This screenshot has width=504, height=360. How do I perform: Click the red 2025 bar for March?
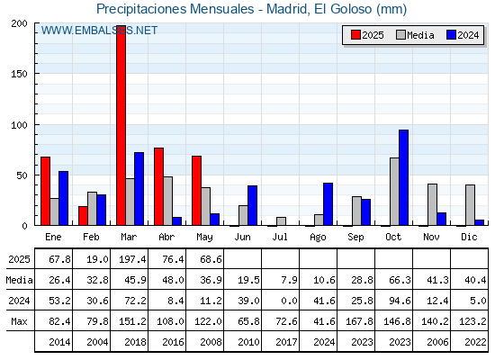[121, 125]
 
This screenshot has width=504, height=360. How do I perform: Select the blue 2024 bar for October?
[404, 177]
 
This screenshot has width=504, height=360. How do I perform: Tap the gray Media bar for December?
[470, 205]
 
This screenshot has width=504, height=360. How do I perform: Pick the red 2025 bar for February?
[83, 216]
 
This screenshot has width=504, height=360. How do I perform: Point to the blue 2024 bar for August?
[328, 204]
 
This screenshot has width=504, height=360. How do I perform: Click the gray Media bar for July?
[281, 221]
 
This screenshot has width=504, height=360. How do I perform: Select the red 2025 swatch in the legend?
[355, 35]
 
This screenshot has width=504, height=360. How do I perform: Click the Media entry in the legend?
[415, 35]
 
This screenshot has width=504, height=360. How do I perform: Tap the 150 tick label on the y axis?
[19, 74]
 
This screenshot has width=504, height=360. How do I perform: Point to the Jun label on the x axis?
[242, 238]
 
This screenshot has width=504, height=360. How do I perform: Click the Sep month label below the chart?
[355, 238]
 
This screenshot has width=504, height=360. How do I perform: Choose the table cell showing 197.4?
[132, 259]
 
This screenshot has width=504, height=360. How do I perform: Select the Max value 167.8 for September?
[359, 321]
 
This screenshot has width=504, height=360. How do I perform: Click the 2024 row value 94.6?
[400, 301]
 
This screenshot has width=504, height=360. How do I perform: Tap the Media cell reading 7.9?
[289, 280]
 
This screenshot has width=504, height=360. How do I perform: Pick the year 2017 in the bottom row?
[286, 342]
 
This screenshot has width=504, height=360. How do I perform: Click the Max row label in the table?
[19, 321]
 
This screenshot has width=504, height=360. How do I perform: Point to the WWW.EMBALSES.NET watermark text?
[99, 31]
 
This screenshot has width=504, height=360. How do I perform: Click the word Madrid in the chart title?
[288, 9]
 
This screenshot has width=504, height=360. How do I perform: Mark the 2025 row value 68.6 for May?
[211, 259]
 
